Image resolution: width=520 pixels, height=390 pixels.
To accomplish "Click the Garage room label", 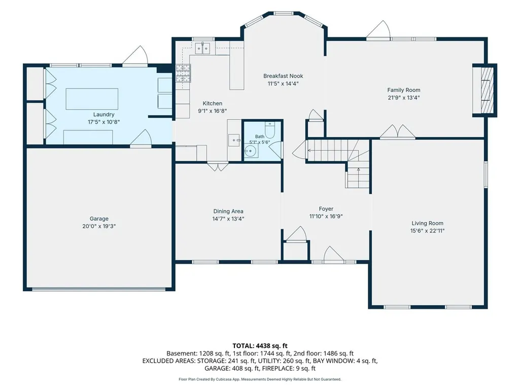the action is coord(99,219).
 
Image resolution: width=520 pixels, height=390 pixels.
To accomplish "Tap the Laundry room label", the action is coord(103,115).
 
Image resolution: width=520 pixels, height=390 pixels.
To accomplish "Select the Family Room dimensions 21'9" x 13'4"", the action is coord(404,97).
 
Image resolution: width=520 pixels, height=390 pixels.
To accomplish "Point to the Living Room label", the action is coord(427,223).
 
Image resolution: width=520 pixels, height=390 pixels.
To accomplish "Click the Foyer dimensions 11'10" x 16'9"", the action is coord(326,216).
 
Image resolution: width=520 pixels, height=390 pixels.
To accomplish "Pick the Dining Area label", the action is coord(228,211).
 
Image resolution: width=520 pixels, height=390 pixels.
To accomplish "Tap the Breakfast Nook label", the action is coord(283,76).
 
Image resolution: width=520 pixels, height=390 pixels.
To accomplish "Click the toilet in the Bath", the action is coord(270,130).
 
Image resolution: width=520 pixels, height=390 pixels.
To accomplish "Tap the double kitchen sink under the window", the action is coord(203,48).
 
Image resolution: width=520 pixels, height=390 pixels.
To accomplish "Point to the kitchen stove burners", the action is coord(183,73).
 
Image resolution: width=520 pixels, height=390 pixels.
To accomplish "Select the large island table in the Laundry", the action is coord(92,99).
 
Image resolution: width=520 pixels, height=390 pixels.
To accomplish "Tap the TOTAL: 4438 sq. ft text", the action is coord(260,346).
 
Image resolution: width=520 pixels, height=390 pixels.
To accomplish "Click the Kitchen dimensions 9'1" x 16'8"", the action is coord(212,111).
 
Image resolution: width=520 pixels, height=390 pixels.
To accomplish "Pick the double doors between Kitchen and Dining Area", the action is coord(218,166).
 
